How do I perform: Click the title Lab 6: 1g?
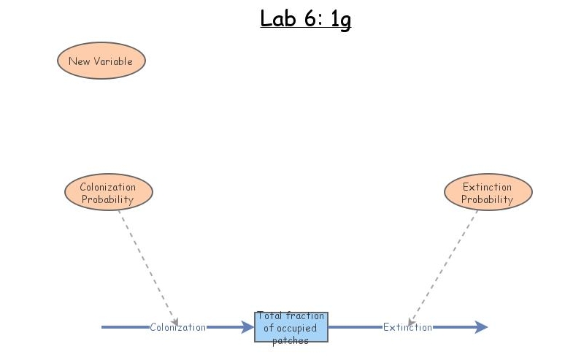(305, 18)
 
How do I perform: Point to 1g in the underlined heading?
(340, 20)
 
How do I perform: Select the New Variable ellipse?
(101, 61)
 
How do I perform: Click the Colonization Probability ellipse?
(109, 192)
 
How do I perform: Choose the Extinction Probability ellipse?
(488, 192)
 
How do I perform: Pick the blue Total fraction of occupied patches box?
(291, 327)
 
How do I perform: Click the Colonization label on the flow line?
(177, 327)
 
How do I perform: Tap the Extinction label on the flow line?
(407, 327)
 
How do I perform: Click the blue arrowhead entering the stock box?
(247, 327)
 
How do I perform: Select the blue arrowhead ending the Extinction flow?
(481, 327)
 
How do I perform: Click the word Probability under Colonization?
(107, 199)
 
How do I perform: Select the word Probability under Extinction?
(487, 199)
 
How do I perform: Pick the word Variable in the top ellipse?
(116, 61)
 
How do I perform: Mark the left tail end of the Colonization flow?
(104, 327)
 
